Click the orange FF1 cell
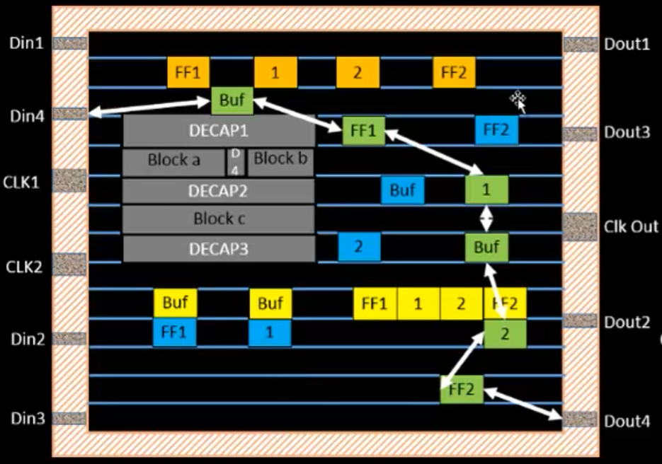coord(188,73)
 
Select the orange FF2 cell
coord(454,73)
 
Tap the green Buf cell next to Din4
coord(232,101)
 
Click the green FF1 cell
coord(363,131)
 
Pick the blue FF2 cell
coord(496,131)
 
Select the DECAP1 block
coord(219,131)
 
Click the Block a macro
coord(174,161)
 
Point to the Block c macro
coord(219,219)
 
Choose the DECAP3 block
coord(219,249)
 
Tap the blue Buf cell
coord(402,190)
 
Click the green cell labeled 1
coord(486,190)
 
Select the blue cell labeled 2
coord(359,247)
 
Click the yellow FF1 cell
coord(375,304)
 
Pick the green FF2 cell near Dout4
coord(461,390)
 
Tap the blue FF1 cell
coord(174,332)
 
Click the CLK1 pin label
coord(23,182)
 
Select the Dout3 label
coord(627,132)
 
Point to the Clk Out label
coord(631,227)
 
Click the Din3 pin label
coord(28,419)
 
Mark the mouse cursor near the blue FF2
coord(519,102)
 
